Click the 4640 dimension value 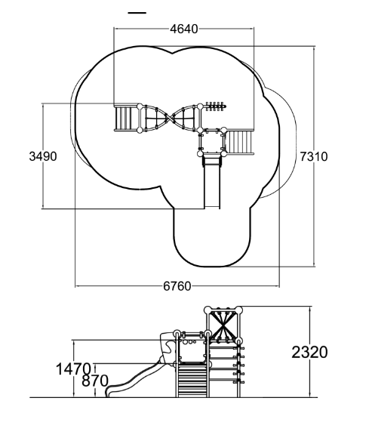[x=184, y=29]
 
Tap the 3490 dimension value [x=43, y=156]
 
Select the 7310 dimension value [x=314, y=157]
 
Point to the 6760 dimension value [x=177, y=286]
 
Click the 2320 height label [x=309, y=353]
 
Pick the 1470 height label [x=73, y=369]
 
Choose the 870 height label [x=95, y=381]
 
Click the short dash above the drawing [x=137, y=13]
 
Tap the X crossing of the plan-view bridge [x=170, y=118]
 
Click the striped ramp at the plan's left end [x=126, y=119]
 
